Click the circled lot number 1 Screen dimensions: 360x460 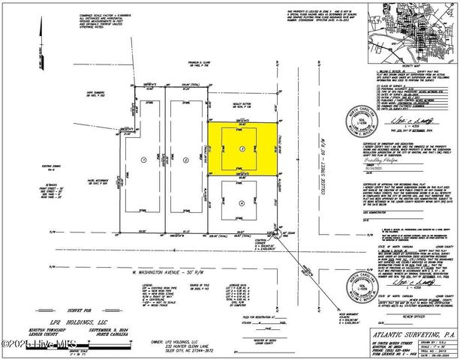(x=143, y=160)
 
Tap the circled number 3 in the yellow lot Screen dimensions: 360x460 (x=241, y=148)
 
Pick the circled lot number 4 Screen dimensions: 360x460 (x=241, y=203)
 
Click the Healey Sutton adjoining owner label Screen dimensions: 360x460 (x=239, y=93)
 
